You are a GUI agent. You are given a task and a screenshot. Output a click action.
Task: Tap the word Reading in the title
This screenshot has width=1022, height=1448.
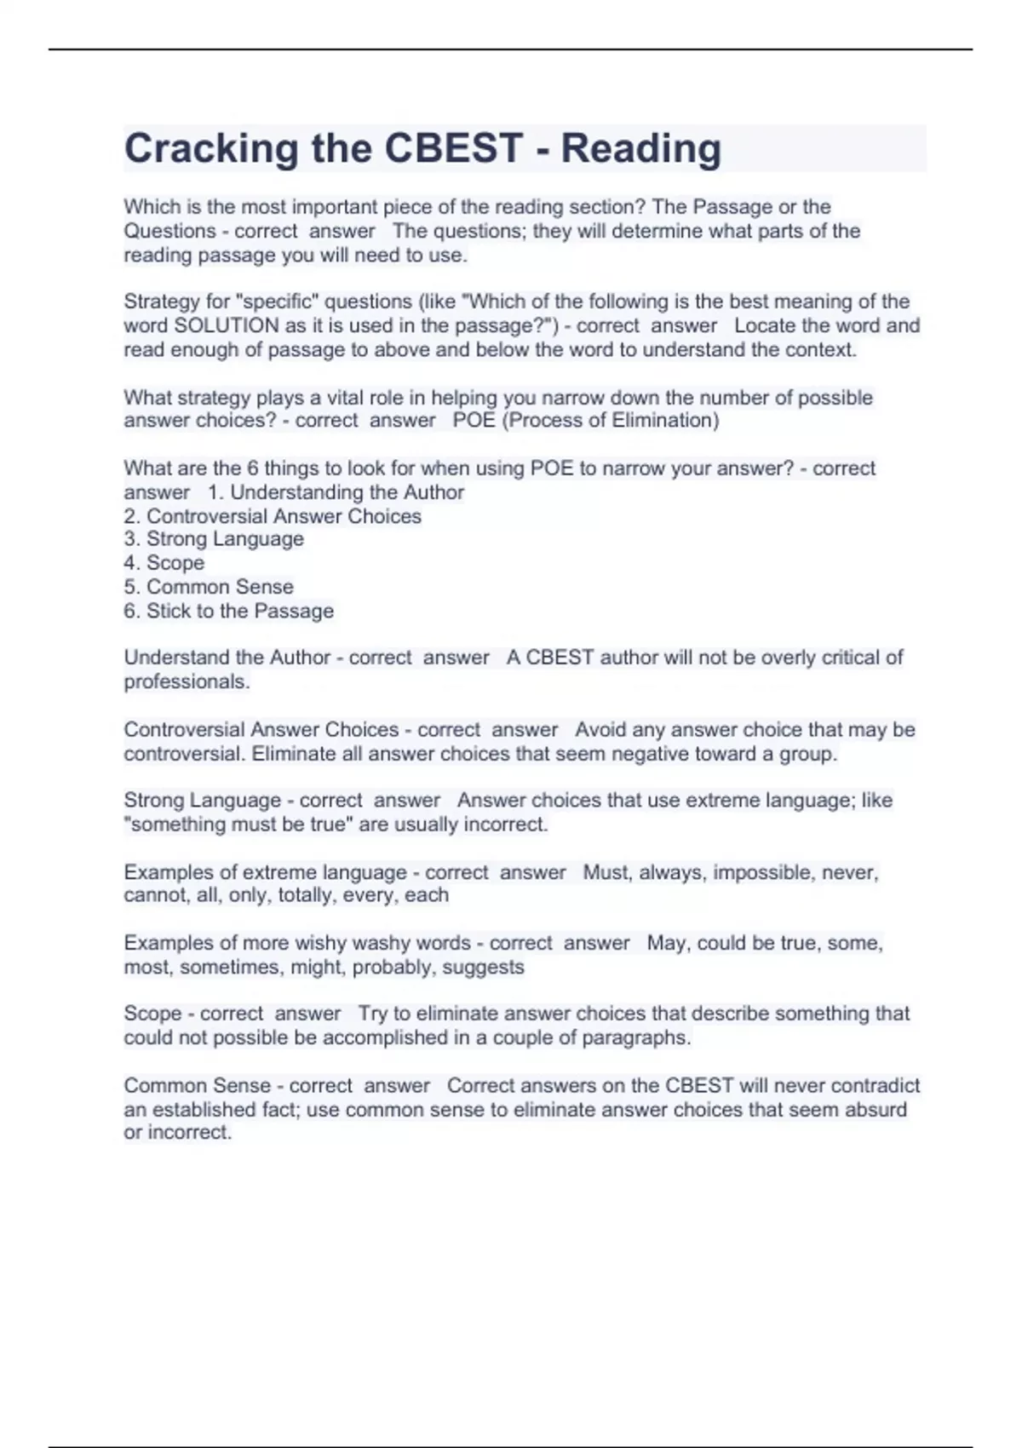pyautogui.click(x=641, y=149)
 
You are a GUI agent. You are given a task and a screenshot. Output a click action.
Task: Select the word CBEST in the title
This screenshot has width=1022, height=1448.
pyautogui.click(x=453, y=149)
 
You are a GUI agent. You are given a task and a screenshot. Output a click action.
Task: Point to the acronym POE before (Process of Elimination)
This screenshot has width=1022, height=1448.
pyautogui.click(x=474, y=420)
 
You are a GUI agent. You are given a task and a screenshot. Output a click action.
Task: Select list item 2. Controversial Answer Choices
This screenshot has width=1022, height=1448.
pyautogui.click(x=273, y=516)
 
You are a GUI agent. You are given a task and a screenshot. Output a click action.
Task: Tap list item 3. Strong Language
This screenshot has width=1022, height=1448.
pyautogui.click(x=214, y=539)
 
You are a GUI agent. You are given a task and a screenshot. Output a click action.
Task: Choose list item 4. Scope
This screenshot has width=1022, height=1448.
pyautogui.click(x=164, y=563)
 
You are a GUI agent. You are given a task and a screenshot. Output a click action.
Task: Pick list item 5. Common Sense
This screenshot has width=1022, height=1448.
pyautogui.click(x=209, y=587)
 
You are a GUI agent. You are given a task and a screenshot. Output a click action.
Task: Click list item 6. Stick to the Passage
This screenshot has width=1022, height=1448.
pyautogui.click(x=228, y=611)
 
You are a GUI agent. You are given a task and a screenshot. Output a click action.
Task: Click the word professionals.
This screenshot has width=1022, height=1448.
pyautogui.click(x=187, y=681)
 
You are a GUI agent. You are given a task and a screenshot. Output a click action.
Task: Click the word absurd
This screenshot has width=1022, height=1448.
pyautogui.click(x=876, y=1109)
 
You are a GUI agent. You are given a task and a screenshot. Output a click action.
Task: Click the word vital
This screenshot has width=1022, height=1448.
pyautogui.click(x=345, y=398)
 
